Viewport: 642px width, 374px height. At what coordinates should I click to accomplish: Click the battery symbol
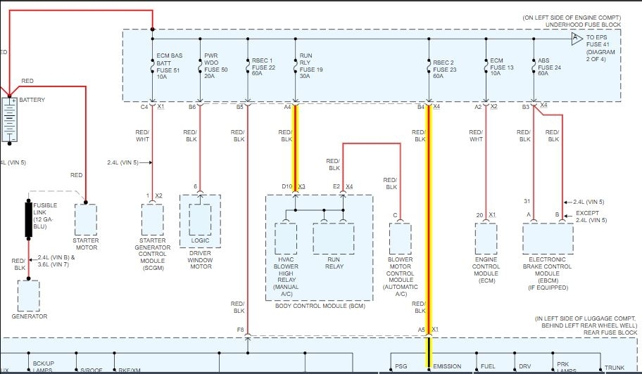[11, 119]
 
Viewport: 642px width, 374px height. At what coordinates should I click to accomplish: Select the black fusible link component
[30, 219]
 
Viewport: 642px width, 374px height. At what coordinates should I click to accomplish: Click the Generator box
[30, 295]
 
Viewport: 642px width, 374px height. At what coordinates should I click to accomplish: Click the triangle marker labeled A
[576, 37]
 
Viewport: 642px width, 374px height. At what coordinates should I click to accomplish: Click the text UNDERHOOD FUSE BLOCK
[584, 25]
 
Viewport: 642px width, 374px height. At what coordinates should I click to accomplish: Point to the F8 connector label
[240, 329]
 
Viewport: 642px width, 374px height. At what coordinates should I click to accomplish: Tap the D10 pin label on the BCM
[287, 186]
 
